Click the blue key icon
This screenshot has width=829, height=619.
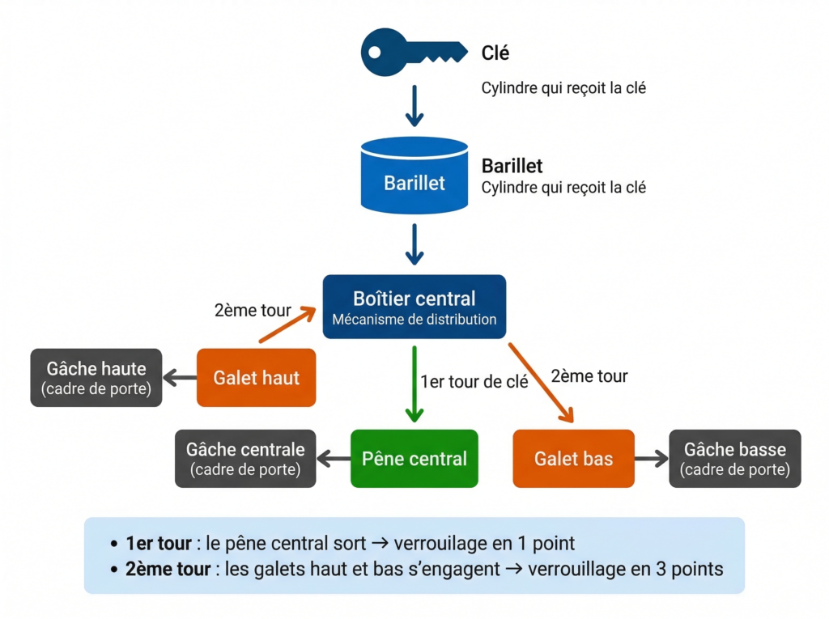413,53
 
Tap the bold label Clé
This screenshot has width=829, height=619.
495,53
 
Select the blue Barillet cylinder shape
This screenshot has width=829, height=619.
414,175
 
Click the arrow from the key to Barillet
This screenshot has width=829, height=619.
414,108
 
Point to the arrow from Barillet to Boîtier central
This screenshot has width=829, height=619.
414,244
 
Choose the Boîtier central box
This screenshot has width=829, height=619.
414,307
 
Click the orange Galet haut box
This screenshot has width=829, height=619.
256,378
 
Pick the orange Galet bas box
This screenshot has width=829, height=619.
573,459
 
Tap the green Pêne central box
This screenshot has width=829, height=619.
414,459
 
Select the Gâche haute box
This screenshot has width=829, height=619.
96,378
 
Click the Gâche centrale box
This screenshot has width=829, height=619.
245,459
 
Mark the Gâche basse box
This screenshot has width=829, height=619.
734,459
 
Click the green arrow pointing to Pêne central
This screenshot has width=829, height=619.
414,384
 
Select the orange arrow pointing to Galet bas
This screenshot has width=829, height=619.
541,382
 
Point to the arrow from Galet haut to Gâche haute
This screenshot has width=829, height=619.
180,378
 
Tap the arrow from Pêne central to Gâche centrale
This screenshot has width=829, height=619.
333,460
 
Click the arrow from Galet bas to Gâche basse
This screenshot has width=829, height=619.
651,459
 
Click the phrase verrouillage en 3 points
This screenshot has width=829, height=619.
625,569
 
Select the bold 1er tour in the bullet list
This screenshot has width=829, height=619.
159,543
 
